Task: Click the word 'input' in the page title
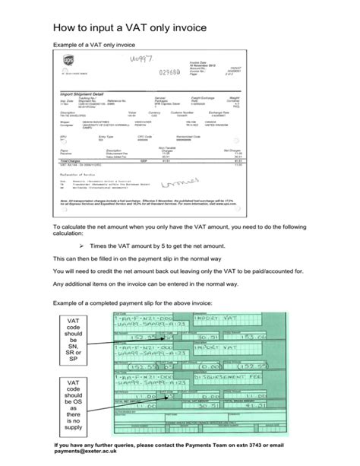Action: (109, 29)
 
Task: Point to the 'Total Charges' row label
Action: (70, 162)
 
